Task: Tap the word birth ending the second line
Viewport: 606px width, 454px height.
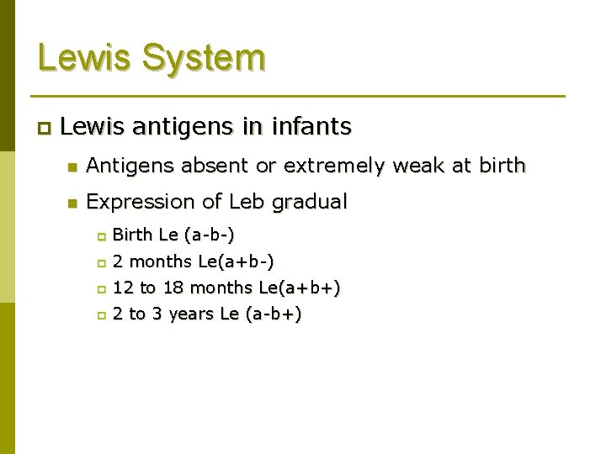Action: click(x=500, y=166)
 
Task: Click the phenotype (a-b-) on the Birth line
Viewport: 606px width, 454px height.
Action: click(x=209, y=235)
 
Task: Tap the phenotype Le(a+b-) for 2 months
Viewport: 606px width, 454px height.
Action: click(x=235, y=261)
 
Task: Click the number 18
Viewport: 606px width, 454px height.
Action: click(x=173, y=288)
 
